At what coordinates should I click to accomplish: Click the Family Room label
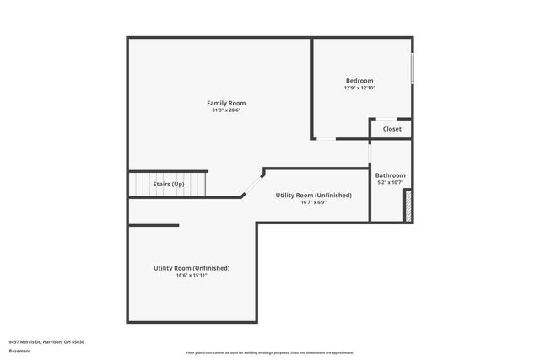pyautogui.click(x=226, y=103)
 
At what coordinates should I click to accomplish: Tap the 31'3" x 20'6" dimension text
pyautogui.click(x=226, y=110)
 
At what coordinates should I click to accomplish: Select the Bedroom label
pyautogui.click(x=359, y=81)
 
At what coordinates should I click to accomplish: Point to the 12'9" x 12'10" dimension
pyautogui.click(x=359, y=88)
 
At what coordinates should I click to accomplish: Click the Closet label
pyautogui.click(x=392, y=129)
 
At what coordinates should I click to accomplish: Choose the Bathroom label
pyautogui.click(x=390, y=175)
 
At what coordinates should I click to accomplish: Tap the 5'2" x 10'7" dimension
pyautogui.click(x=390, y=182)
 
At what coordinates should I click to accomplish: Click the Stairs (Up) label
pyautogui.click(x=168, y=184)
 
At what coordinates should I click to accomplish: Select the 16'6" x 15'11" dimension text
pyautogui.click(x=192, y=275)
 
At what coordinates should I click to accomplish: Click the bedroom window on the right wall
pyautogui.click(x=412, y=68)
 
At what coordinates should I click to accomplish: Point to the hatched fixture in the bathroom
pyautogui.click(x=408, y=206)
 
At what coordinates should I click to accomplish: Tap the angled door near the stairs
pyautogui.click(x=252, y=184)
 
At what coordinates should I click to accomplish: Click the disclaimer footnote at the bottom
pyautogui.click(x=269, y=352)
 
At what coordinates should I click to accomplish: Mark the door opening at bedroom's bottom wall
pyautogui.click(x=325, y=139)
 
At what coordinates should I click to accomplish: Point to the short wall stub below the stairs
pyautogui.click(x=154, y=225)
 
